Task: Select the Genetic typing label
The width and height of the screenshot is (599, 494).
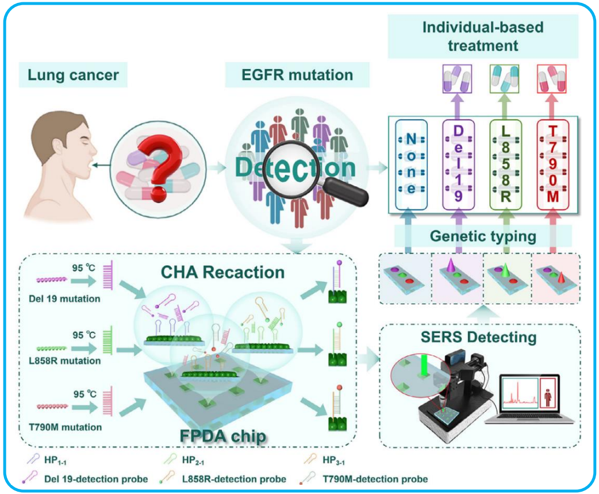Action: (x=482, y=235)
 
